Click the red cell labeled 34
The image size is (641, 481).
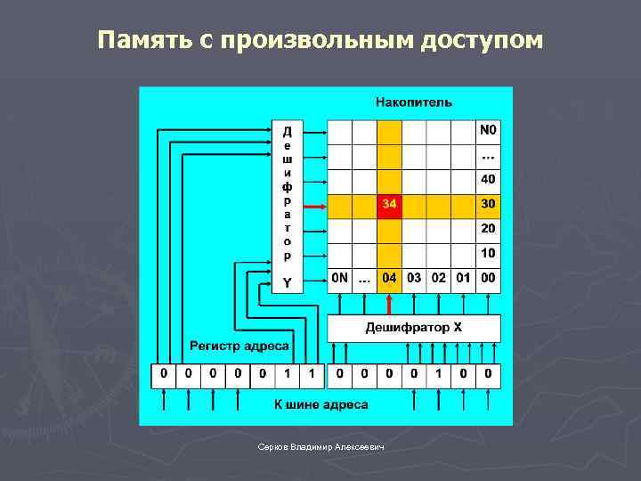point(389,206)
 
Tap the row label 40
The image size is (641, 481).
point(489,180)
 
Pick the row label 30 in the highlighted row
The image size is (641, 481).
point(489,206)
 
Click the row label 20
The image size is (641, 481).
point(489,229)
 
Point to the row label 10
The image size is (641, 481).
point(489,254)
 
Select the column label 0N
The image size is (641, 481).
point(340,278)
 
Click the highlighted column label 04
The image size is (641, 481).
point(389,278)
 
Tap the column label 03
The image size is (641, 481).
point(414,278)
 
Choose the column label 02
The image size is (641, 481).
point(439,278)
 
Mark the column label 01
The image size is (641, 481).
point(463,278)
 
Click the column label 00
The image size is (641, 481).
point(488,278)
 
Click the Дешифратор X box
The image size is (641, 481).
point(414,328)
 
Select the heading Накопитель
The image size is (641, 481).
point(414,102)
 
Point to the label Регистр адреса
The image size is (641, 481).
point(239,346)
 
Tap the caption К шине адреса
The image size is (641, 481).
point(320,405)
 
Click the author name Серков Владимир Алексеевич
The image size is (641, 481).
point(320,446)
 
